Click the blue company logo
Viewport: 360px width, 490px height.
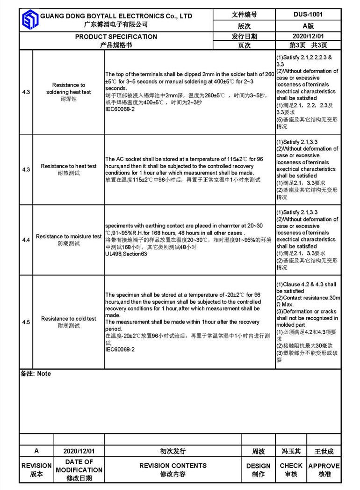[29, 19]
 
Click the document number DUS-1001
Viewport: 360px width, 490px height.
[308, 15]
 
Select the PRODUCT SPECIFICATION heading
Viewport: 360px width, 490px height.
[116, 37]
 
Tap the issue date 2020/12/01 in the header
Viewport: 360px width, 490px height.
[308, 36]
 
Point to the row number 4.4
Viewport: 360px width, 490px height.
[26, 240]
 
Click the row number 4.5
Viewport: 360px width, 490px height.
[26, 322]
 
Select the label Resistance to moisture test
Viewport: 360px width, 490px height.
[69, 236]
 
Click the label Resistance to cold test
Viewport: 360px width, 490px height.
[69, 319]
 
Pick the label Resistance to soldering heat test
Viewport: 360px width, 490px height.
[69, 88]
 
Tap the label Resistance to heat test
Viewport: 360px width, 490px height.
[69, 166]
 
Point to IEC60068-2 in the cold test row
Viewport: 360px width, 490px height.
[120, 349]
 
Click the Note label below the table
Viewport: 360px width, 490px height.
[36, 373]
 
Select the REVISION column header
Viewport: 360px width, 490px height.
[36, 466]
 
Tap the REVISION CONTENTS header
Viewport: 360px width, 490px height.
[173, 466]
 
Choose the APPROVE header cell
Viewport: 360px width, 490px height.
[324, 466]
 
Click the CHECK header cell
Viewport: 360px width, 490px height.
[291, 466]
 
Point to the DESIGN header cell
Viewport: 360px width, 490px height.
[258, 466]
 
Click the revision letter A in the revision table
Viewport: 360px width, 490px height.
[36, 451]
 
